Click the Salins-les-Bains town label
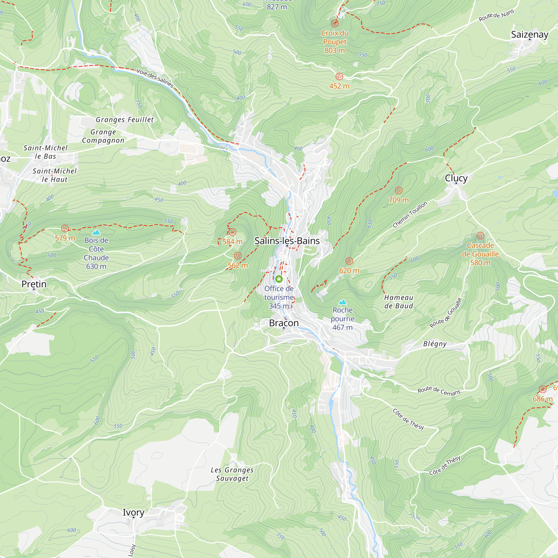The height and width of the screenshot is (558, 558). (287, 241)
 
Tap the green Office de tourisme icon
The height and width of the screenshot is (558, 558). (279, 279)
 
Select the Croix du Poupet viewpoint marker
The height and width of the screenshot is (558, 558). (335, 23)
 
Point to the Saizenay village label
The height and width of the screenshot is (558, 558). (530, 34)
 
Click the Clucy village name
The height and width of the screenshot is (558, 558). (456, 178)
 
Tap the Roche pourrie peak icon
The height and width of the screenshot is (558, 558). (343, 302)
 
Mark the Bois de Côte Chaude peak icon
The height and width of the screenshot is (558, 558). (96, 232)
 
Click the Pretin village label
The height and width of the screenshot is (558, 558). (34, 284)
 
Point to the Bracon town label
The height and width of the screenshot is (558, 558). (284, 323)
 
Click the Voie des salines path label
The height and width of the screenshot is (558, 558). (155, 78)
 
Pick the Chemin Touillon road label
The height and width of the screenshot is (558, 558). (410, 214)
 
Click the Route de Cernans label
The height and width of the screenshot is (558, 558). (439, 391)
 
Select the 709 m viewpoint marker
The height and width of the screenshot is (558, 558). (399, 190)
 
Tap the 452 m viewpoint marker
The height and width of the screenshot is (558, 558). (339, 76)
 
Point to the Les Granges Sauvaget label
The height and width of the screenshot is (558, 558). (232, 474)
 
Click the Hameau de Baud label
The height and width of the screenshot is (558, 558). (399, 302)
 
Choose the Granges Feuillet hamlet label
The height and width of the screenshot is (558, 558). (125, 120)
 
